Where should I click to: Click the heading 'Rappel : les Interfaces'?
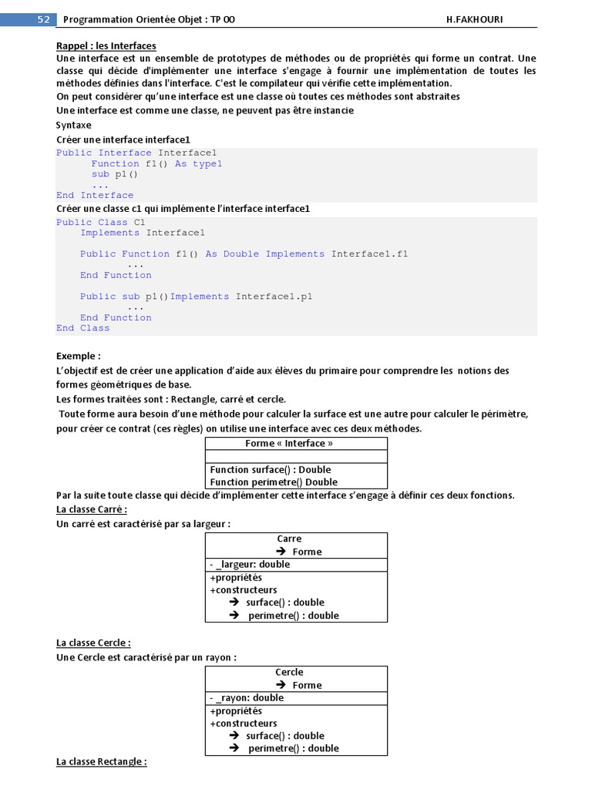pos(106,46)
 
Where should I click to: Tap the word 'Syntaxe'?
pos(74,125)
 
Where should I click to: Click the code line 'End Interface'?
pos(95,196)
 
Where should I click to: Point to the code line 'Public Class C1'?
pos(100,223)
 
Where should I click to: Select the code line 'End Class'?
pos(83,328)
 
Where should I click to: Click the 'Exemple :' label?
pos(79,356)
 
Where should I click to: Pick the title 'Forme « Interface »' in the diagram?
pos(289,444)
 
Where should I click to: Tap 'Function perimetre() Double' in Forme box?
pos(274,482)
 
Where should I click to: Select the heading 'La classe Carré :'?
pos(92,509)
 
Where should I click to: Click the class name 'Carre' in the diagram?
pos(289,539)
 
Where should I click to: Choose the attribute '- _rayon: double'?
pos(247,697)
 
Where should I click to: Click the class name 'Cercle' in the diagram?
pos(289,672)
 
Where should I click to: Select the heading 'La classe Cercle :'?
pos(93,643)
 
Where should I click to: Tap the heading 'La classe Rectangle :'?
pos(102,761)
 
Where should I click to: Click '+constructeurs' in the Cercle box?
pos(243,724)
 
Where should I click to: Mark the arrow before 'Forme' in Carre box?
pos(281,552)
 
